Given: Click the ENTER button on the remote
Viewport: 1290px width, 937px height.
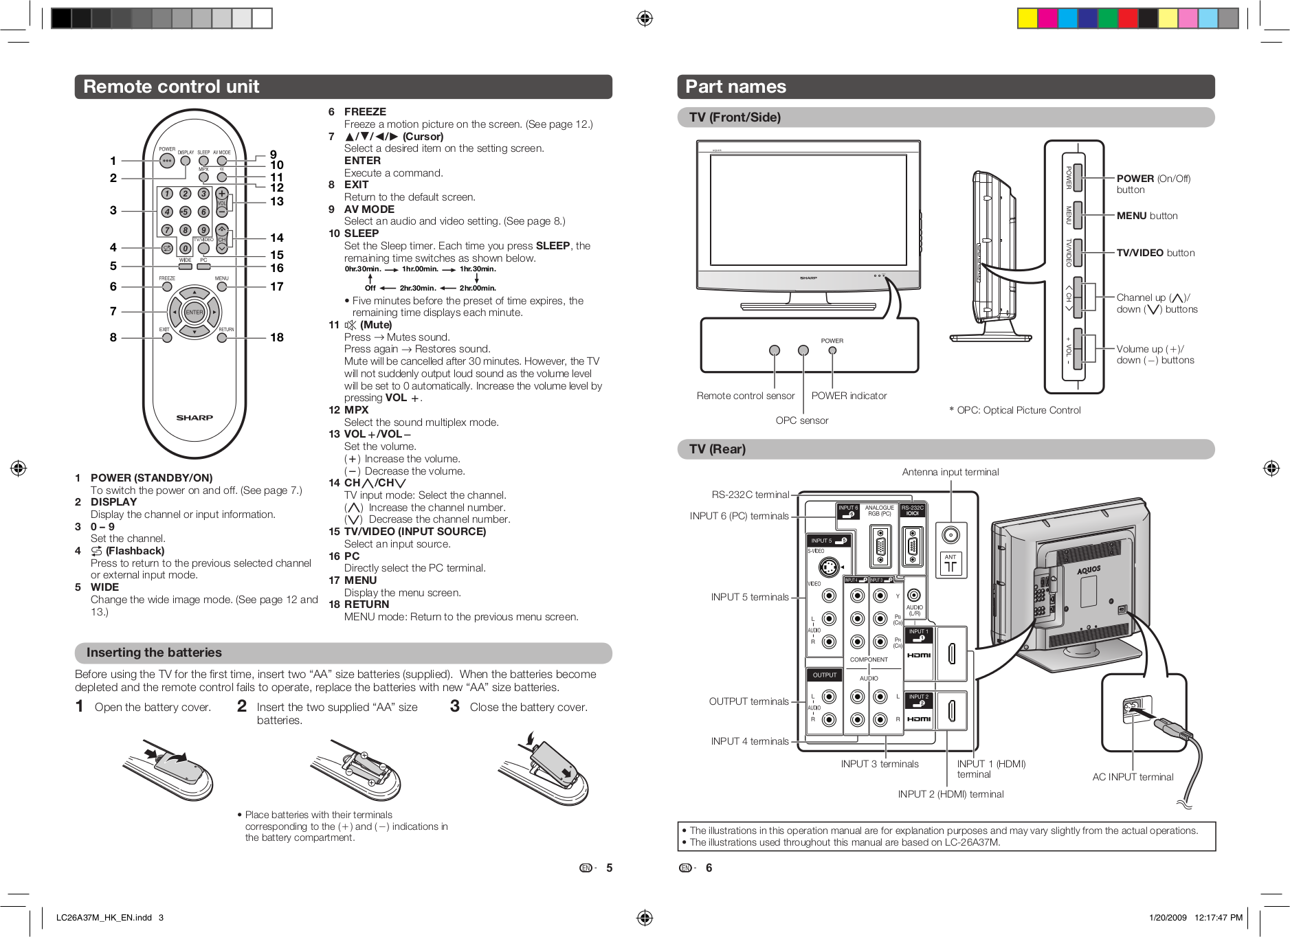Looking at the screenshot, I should pyautogui.click(x=194, y=312).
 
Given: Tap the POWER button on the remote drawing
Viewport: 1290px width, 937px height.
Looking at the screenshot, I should pyautogui.click(x=167, y=161).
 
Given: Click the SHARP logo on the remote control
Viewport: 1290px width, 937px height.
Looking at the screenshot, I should pyautogui.click(x=194, y=418).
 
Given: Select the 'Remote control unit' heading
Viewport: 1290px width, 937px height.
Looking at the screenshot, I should pyautogui.click(x=171, y=87).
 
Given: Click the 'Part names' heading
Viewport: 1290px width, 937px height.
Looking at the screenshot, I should pyautogui.click(x=735, y=87).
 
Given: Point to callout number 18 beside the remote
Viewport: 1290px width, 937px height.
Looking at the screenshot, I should pyautogui.click(x=277, y=337).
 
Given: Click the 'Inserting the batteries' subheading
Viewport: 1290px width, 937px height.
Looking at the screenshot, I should pyautogui.click(x=154, y=653).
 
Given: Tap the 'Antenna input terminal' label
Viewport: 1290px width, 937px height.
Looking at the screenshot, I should pyautogui.click(x=950, y=472).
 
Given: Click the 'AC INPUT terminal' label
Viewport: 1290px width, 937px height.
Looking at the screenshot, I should pyautogui.click(x=1133, y=777).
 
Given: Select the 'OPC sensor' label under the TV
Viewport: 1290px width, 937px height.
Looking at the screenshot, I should pyautogui.click(x=801, y=420).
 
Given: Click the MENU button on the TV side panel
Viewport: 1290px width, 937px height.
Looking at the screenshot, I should pyautogui.click(x=1078, y=215).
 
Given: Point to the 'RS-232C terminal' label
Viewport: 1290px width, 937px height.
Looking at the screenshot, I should pyautogui.click(x=750, y=495).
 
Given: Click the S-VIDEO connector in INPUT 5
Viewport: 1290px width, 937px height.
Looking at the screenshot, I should pyautogui.click(x=829, y=567).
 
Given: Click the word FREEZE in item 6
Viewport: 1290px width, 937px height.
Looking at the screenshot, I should pyautogui.click(x=365, y=112).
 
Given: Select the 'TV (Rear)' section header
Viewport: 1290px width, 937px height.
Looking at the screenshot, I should pyautogui.click(x=717, y=449).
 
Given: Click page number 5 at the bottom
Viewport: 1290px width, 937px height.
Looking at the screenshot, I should pyautogui.click(x=609, y=868).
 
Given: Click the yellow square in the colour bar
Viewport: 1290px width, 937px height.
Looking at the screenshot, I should pyautogui.click(x=1027, y=19).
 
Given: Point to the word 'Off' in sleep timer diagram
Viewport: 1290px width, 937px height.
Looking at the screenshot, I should pyautogui.click(x=370, y=288).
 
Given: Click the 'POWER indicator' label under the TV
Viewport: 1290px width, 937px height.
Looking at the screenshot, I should pyautogui.click(x=849, y=396).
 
